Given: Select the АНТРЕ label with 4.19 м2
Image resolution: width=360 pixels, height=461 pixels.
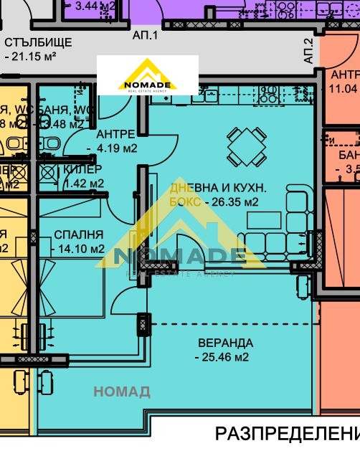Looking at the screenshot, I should coord(115,134).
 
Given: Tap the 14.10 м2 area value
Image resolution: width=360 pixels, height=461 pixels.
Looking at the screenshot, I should coord(78,249).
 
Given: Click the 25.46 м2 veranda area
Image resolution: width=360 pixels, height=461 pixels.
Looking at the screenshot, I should coord(222,356).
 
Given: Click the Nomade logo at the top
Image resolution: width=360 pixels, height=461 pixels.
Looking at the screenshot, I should coord(148,75).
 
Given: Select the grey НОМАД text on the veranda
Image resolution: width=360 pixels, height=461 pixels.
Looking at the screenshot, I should coord(122,391).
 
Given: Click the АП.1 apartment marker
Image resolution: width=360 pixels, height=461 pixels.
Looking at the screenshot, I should coord(145,34).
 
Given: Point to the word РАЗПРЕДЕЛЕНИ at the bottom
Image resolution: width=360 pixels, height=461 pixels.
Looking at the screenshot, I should coord(287,434).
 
